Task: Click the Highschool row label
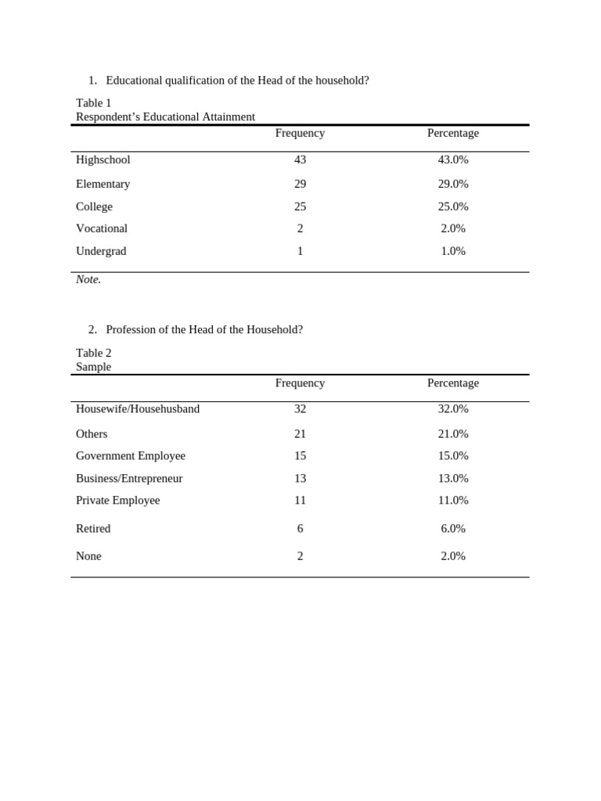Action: click(103, 160)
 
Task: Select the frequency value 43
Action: click(300, 160)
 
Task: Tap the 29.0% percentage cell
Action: click(453, 184)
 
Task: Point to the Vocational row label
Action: click(102, 228)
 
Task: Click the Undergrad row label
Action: click(101, 251)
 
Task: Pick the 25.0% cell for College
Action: click(453, 207)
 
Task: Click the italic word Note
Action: click(88, 279)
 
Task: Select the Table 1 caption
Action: click(94, 102)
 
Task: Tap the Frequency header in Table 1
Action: click(300, 133)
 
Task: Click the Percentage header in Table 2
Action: click(453, 383)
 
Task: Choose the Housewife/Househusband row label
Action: click(138, 408)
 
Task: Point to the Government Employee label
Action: click(131, 456)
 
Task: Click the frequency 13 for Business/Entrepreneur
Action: click(300, 478)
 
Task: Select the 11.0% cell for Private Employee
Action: click(453, 500)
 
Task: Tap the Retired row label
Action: click(93, 529)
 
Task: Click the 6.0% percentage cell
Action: click(453, 529)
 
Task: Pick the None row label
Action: click(88, 556)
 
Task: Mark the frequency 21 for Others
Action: click(300, 434)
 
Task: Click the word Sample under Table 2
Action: click(94, 367)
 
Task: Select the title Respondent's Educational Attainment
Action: click(165, 117)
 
